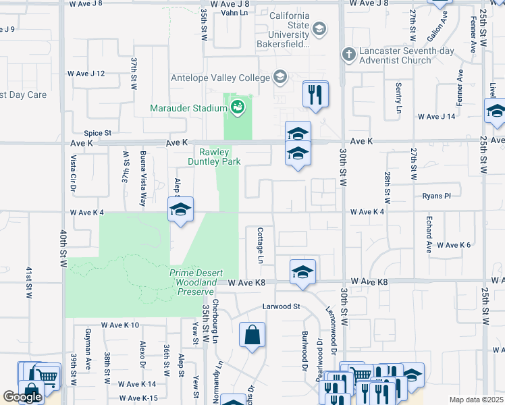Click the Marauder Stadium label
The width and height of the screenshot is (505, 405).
(x=189, y=108)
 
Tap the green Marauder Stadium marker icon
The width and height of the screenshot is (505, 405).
(x=237, y=107)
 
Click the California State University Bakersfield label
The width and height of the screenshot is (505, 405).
(x=289, y=30)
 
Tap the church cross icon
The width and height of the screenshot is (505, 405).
(x=348, y=53)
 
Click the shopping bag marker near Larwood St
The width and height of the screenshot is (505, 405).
(x=252, y=335)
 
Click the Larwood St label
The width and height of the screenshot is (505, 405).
(x=282, y=306)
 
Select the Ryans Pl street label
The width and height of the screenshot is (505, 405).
(x=436, y=196)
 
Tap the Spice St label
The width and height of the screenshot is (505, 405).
(x=97, y=134)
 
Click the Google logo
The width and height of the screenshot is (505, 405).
(x=22, y=397)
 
